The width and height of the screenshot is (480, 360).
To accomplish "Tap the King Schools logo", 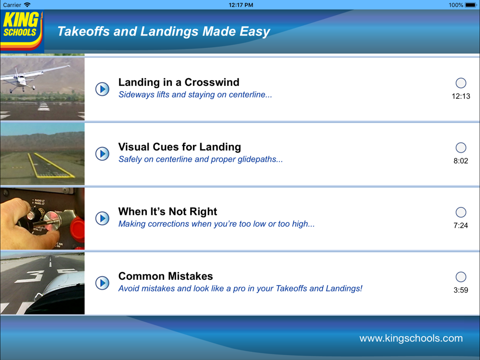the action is coord(22,30).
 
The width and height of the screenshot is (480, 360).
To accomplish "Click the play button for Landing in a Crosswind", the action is coord(102,89).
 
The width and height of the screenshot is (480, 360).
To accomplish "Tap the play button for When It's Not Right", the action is coord(102,218).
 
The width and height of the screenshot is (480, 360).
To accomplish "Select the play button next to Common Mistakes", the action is coord(102,283).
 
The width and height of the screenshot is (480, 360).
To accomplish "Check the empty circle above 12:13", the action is coord(461,83).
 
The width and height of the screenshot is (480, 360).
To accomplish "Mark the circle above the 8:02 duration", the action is coord(461,147).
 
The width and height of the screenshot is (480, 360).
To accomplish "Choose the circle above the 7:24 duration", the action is coord(461,212).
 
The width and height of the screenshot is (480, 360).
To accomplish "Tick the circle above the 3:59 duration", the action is coord(461,277).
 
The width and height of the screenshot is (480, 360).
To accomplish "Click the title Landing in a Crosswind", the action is coord(179,83).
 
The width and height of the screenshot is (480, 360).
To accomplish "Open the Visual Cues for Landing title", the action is coord(180,147).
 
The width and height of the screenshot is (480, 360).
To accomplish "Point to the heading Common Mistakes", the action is coord(166,276).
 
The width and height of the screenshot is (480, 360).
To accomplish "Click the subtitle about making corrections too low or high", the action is coord(216,224).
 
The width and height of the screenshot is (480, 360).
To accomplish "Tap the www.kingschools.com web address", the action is coord(411,338).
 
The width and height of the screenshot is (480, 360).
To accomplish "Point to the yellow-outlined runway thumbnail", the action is coord(42,154).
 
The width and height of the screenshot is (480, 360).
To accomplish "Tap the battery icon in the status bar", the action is coord(471,5).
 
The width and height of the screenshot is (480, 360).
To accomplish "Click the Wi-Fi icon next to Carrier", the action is coord(27,5).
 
